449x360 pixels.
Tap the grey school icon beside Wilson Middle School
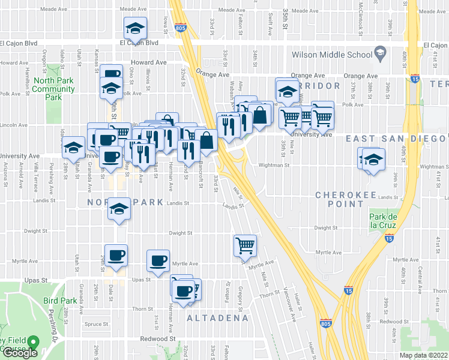[379, 54]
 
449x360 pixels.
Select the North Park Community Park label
[54, 89]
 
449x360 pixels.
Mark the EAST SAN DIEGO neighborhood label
[397, 139]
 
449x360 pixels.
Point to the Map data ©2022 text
[423, 355]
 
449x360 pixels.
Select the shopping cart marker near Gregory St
[246, 244]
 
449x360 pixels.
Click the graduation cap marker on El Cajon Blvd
[135, 28]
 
